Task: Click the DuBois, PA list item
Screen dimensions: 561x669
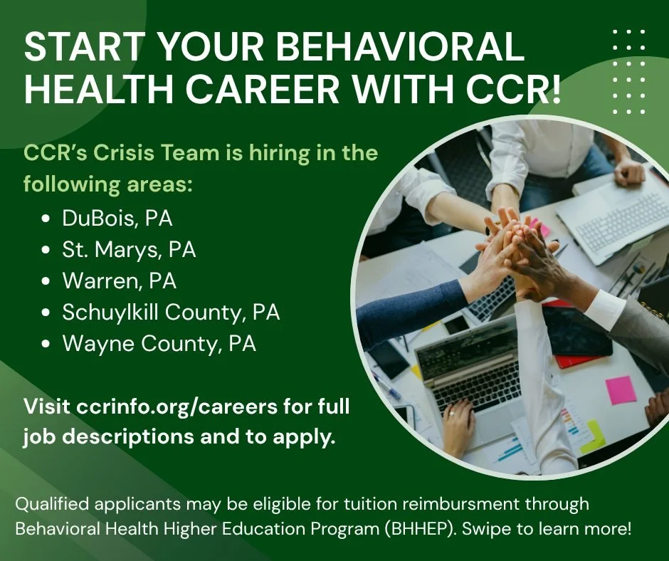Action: point(117,219)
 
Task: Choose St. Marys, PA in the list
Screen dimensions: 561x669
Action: point(129,250)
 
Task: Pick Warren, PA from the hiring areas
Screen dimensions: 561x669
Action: point(119,281)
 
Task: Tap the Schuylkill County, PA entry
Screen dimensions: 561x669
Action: point(171,313)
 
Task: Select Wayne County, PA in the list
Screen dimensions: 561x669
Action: point(159,344)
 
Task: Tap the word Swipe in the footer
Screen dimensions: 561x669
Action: point(517,530)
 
